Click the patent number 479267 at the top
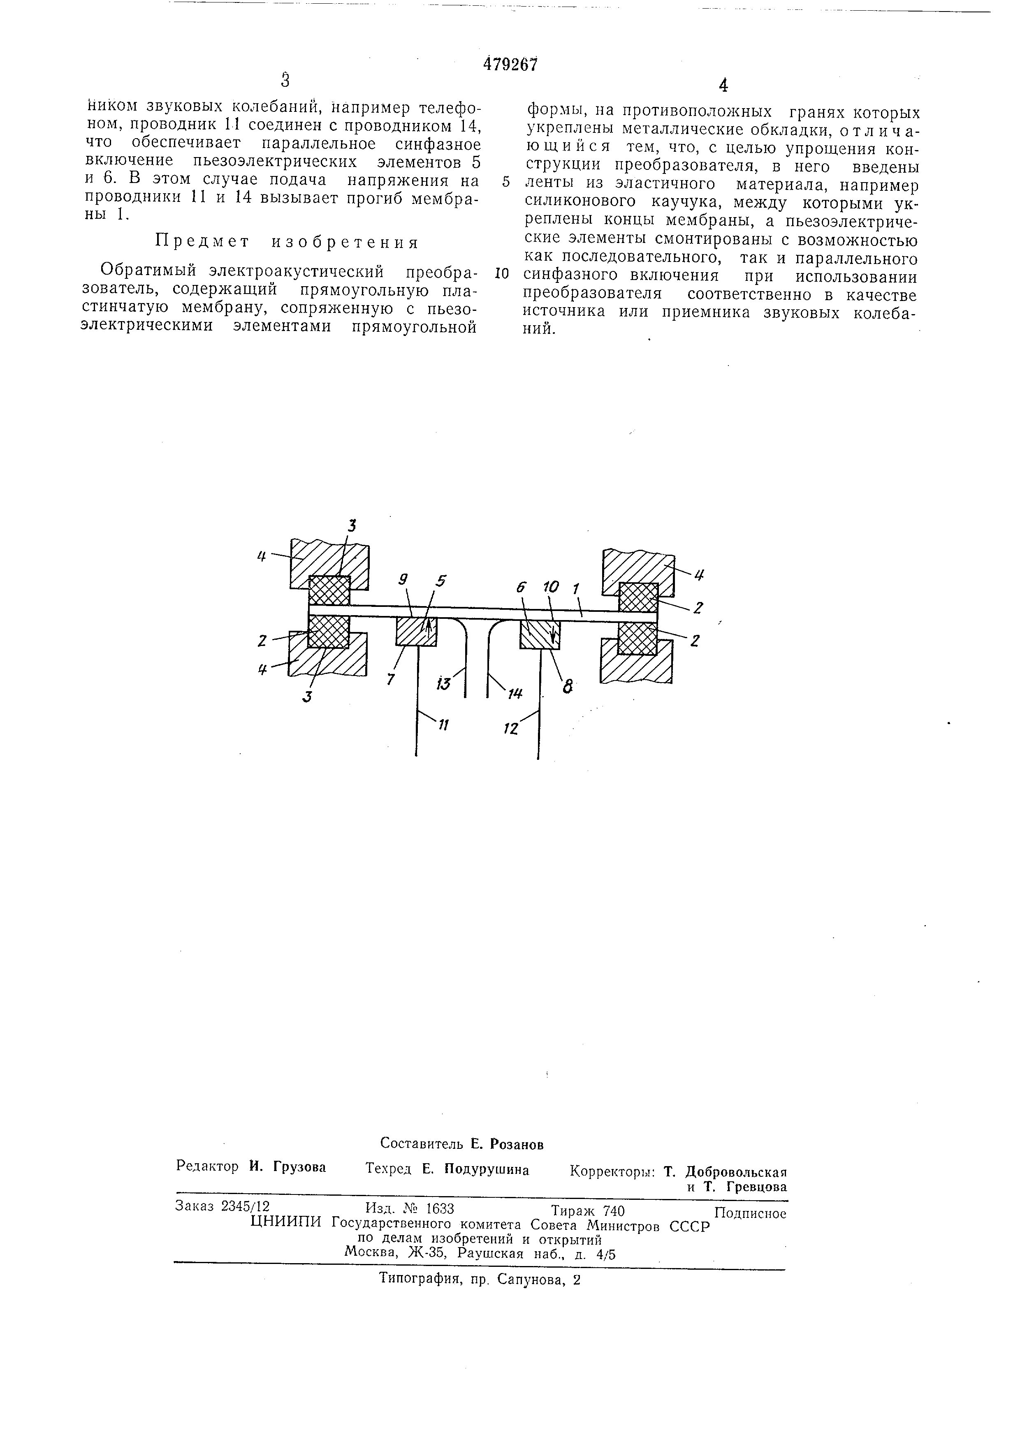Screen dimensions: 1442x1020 click(x=511, y=64)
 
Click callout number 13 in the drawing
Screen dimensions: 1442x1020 click(x=443, y=684)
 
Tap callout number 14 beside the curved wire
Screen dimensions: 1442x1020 click(x=516, y=693)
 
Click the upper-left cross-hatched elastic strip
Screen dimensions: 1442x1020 click(x=329, y=590)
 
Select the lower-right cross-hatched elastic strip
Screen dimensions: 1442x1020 click(x=637, y=638)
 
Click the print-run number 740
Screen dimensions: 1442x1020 click(x=613, y=1210)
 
